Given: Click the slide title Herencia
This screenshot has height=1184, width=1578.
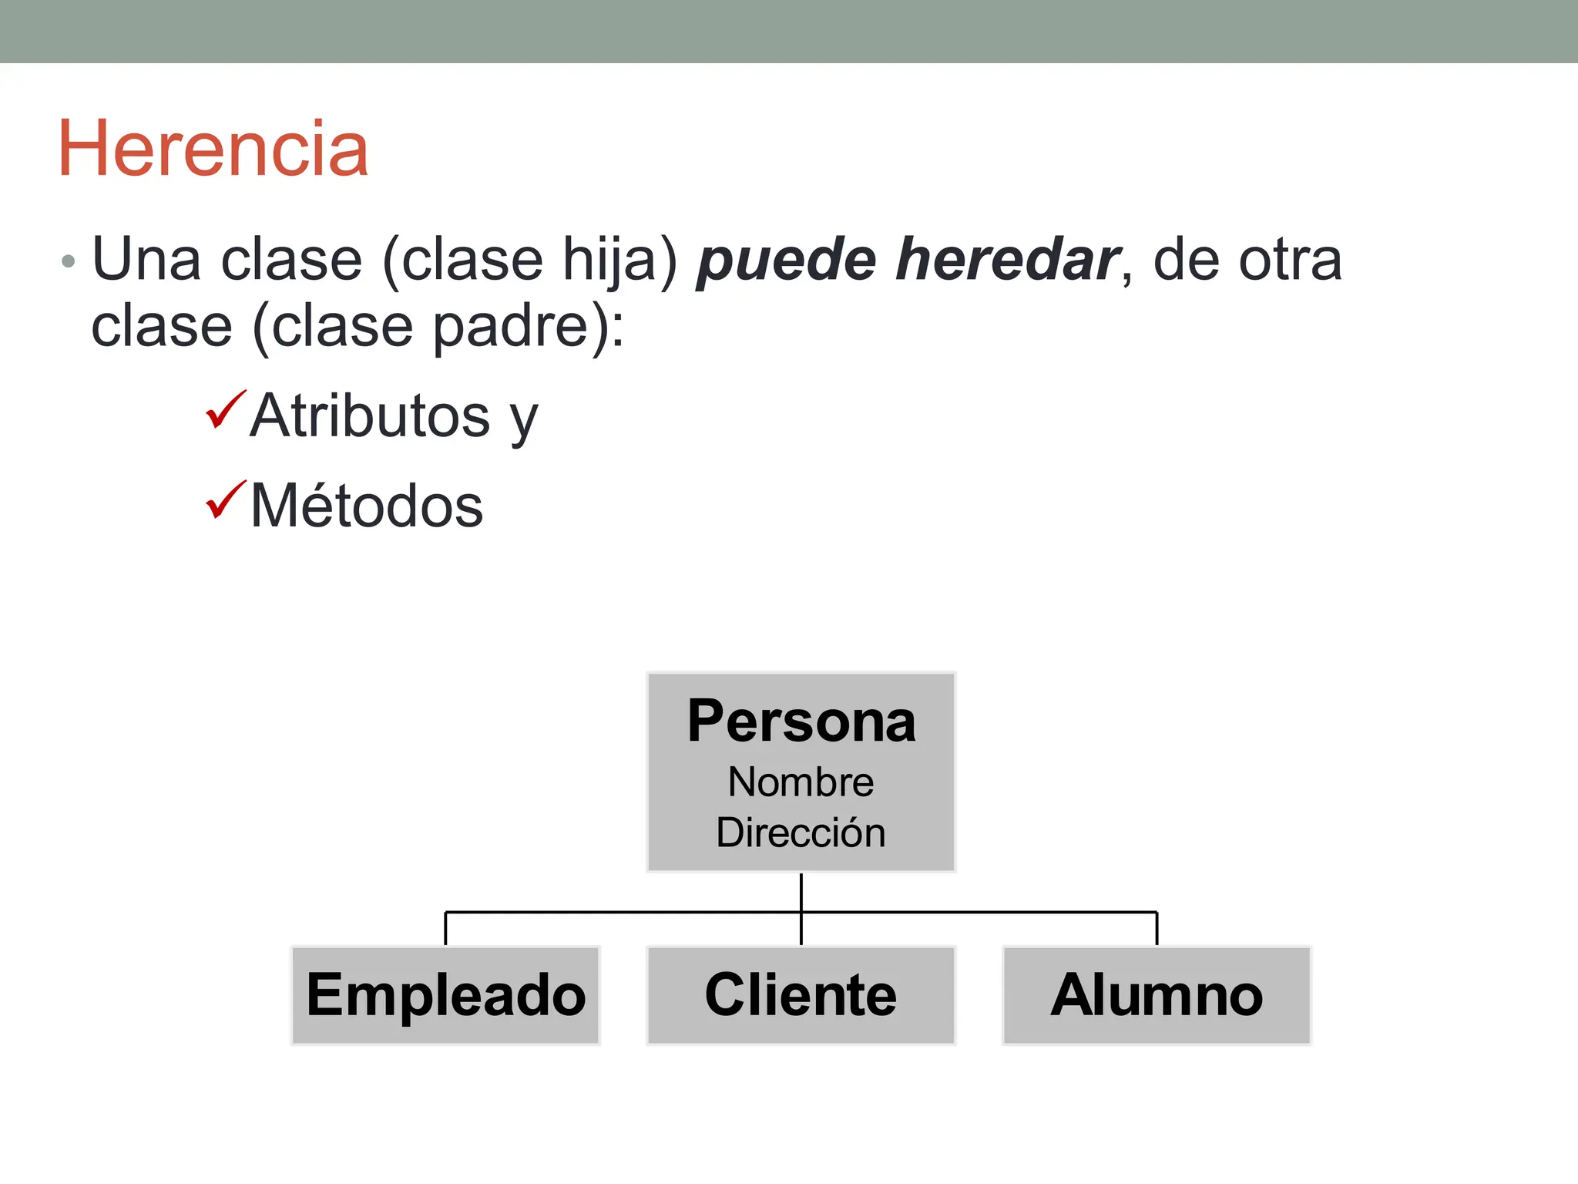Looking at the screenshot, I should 213,149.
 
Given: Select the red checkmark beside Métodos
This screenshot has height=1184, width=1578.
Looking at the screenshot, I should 225,499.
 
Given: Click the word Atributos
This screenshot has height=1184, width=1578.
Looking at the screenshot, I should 370,415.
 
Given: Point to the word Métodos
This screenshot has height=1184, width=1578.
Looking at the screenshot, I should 367,506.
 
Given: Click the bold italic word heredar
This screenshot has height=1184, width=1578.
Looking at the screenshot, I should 1006,260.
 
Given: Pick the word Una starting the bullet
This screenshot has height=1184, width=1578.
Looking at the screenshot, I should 147,260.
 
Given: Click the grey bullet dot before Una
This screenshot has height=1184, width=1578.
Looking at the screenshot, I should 69,261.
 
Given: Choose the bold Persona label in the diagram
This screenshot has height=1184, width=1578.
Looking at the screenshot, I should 801,721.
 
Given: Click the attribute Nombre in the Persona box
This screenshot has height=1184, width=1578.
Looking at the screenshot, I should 801,782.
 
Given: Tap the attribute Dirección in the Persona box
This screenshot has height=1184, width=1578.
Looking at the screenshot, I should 801,832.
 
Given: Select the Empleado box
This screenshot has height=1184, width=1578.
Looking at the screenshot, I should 445,995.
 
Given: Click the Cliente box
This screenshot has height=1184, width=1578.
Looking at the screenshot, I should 801,995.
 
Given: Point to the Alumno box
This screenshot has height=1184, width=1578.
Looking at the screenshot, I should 1157,995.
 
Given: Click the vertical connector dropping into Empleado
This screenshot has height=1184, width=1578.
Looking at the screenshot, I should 445,929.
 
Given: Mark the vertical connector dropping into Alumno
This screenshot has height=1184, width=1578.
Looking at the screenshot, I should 1157,929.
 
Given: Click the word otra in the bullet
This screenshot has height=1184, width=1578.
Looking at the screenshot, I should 1290,260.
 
